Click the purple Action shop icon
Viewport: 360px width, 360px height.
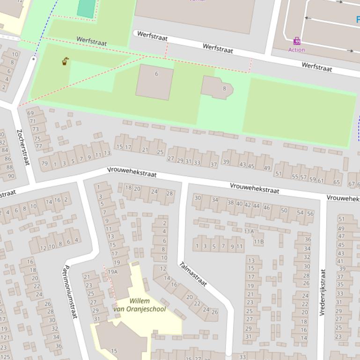pos(297,41)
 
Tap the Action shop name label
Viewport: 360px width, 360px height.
pos(297,50)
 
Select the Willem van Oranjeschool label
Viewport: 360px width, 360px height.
pos(140,305)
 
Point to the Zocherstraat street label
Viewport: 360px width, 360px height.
pos(23,147)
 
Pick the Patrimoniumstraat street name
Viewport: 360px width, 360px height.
pos(70,292)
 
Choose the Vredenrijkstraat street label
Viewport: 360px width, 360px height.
pos(323,292)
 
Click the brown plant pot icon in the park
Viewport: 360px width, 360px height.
pos(66,61)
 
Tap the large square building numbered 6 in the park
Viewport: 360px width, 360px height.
pos(155,82)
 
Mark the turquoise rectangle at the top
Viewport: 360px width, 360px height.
pos(86,8)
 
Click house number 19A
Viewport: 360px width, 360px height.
pos(113,272)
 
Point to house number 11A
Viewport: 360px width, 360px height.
pos(249,231)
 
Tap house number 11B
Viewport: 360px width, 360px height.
pos(258,242)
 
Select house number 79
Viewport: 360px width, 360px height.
pos(44,164)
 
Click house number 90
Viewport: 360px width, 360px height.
pos(11,176)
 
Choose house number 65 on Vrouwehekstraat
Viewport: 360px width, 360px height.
pos(337,182)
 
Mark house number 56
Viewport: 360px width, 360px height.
pos(310,213)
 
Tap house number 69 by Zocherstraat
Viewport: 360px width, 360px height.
pos(30,113)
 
